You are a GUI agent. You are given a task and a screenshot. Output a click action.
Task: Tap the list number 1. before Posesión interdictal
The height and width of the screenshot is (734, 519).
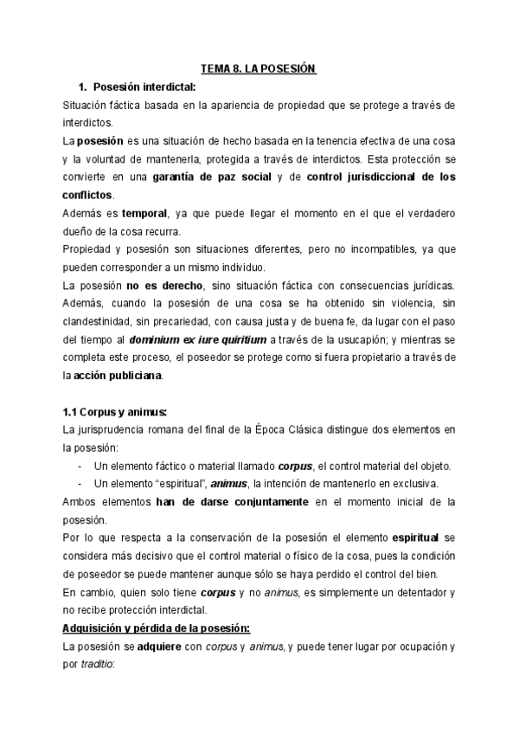(83, 87)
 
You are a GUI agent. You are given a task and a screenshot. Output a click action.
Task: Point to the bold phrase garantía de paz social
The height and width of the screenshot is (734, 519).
(213, 177)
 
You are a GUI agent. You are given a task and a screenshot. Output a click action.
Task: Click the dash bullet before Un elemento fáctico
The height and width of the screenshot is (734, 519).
(80, 467)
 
